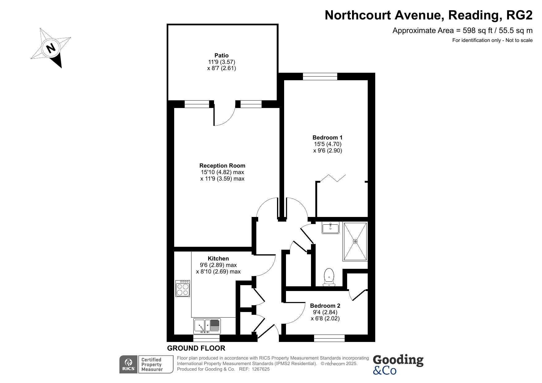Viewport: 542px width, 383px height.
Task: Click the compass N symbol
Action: click(51, 48)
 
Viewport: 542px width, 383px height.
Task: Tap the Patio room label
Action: click(221, 56)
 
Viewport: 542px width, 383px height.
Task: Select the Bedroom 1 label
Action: click(327, 138)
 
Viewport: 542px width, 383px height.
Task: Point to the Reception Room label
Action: click(222, 166)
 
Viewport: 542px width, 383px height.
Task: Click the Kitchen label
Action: click(218, 259)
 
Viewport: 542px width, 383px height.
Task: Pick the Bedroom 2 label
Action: click(325, 306)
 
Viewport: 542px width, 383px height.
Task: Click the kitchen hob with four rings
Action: click(183, 288)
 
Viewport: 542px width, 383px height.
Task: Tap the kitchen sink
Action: click(207, 326)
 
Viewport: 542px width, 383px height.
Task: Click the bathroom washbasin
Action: click(330, 228)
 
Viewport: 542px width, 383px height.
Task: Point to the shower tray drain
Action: click(355, 241)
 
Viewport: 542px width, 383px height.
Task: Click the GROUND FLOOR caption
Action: click(196, 348)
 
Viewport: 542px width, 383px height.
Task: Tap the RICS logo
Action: click(128, 364)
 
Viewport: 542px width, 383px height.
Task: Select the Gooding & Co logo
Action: click(398, 364)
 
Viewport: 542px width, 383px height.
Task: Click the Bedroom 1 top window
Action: click(320, 76)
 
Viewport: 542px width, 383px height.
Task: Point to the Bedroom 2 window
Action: click(329, 338)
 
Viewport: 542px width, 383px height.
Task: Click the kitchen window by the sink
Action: click(207, 338)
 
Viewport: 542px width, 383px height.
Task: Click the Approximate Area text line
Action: click(462, 31)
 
